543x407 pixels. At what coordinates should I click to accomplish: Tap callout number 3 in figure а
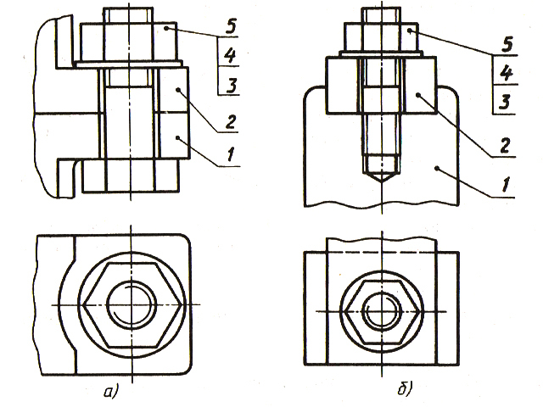click(x=229, y=84)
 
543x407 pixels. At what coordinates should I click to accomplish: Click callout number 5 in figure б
click(x=505, y=42)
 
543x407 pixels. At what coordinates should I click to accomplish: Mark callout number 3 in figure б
click(x=505, y=102)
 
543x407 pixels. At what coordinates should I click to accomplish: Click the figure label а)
click(x=108, y=391)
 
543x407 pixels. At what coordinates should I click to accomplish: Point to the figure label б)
click(x=405, y=391)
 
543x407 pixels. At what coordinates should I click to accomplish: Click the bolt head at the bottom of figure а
click(x=132, y=177)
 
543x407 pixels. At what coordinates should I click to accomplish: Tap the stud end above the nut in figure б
click(x=382, y=15)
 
